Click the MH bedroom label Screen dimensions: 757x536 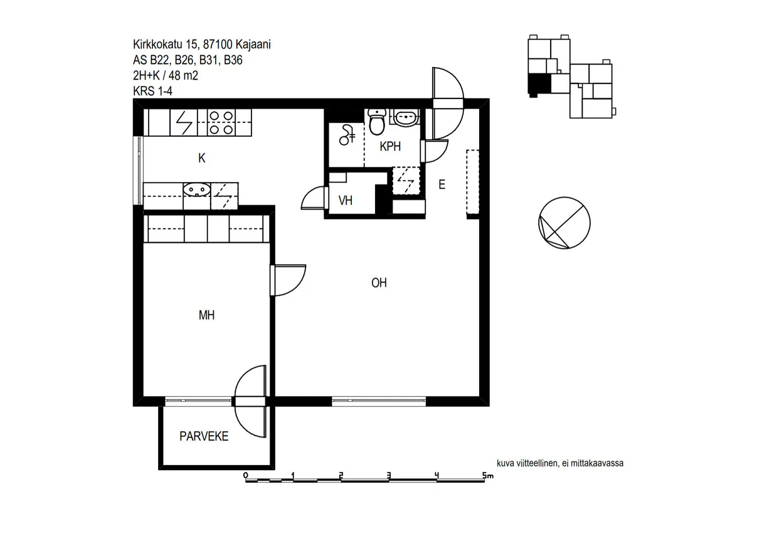[206, 315]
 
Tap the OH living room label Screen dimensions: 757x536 [379, 282]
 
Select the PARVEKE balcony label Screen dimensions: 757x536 [204, 436]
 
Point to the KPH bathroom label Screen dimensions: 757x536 [390, 146]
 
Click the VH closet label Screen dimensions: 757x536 [346, 201]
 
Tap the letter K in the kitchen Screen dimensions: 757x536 [202, 158]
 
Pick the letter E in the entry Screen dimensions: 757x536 [442, 185]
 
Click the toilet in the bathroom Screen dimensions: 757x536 [377, 122]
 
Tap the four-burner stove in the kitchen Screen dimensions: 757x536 [221, 122]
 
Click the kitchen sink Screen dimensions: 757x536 [197, 190]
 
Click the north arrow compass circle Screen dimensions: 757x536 [564, 223]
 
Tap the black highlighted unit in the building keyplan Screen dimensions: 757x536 [539, 84]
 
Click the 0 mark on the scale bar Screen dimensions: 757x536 [246, 475]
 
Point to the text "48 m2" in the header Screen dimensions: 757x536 [183, 75]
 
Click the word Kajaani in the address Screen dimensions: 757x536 [253, 45]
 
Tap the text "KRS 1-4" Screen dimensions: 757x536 [153, 91]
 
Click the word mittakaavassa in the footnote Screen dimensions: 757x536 [597, 463]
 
